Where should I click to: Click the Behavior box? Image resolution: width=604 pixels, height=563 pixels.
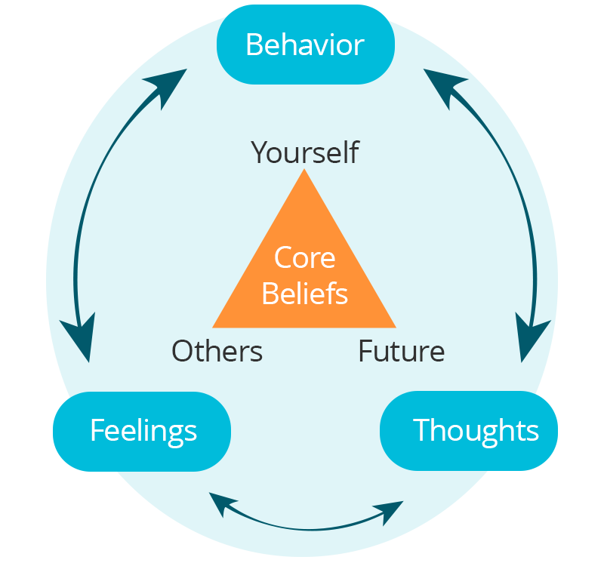[x=305, y=45]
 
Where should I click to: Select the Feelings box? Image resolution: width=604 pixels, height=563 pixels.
[x=143, y=431]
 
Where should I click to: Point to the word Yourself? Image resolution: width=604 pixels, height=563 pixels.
[x=305, y=152]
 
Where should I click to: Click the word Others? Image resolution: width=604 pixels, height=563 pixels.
[x=217, y=351]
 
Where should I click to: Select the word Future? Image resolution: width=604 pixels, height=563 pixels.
[x=401, y=351]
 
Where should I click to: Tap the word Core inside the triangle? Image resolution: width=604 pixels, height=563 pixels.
[x=304, y=258]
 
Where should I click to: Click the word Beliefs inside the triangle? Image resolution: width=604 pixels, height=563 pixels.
[x=304, y=293]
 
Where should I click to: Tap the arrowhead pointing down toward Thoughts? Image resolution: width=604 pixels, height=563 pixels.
[x=532, y=340]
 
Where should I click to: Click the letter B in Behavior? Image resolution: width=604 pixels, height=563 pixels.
[x=254, y=45]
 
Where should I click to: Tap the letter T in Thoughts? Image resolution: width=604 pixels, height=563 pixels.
[x=420, y=430]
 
